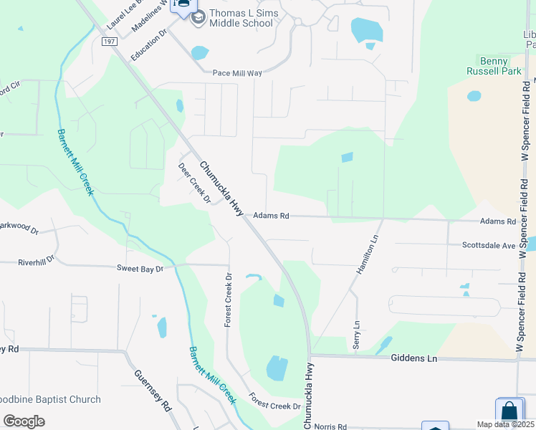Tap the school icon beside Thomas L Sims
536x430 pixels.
(198, 14)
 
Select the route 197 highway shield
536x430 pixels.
(109, 42)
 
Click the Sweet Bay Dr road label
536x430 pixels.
(140, 268)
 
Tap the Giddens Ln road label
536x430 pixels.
(414, 358)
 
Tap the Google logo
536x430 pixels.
(24, 421)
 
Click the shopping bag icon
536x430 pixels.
(509, 412)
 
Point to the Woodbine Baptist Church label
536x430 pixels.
(50, 399)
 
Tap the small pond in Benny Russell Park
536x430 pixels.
(474, 96)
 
